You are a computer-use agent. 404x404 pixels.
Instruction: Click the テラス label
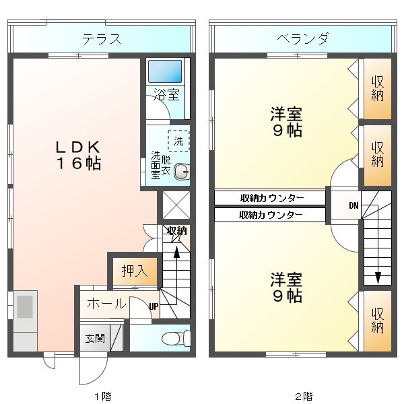coord(102,39)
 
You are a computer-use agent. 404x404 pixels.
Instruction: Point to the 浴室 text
coord(166,95)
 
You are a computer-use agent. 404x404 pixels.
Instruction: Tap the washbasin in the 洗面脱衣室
coord(180,172)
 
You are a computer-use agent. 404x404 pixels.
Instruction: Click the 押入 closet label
coord(135,271)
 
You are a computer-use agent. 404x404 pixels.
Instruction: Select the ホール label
coord(106,304)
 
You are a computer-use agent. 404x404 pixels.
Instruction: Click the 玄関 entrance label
coord(94,338)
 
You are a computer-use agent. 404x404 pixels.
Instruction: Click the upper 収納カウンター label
coord(271,198)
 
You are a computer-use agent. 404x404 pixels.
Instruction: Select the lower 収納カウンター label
coord(271,215)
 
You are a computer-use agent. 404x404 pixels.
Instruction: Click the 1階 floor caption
coord(102,396)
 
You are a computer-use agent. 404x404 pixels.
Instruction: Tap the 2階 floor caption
coord(302,396)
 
